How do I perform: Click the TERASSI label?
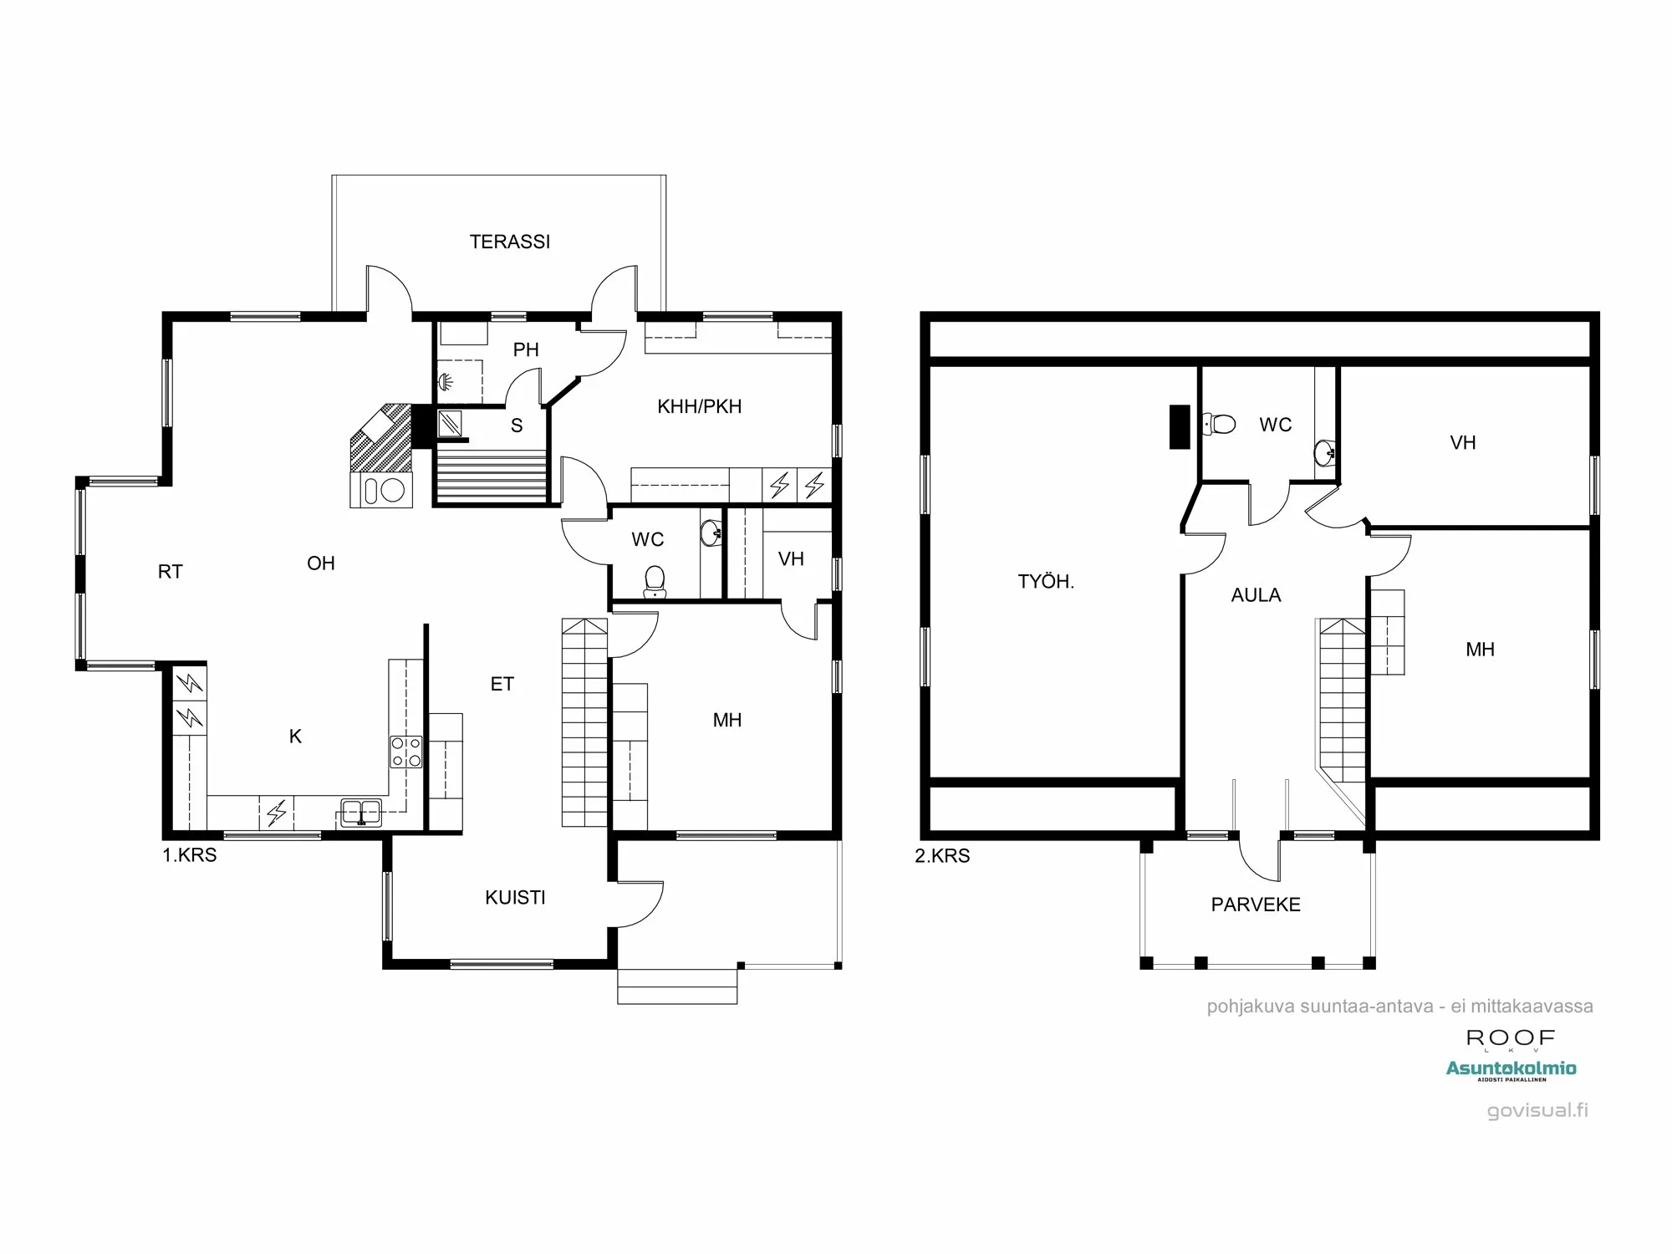pos(510,242)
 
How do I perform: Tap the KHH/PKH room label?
pos(699,406)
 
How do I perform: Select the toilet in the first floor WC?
pos(655,581)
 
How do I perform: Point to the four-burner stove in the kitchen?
pos(406,752)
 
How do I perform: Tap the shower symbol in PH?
pos(447,381)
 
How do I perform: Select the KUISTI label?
pos(515,897)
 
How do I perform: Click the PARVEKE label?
pos(1256,905)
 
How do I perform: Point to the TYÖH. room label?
pos(1045,582)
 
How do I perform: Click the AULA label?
pos(1256,595)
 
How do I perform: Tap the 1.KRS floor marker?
pos(190,855)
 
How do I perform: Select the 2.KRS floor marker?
pos(942,856)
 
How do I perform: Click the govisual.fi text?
pos(1537,1110)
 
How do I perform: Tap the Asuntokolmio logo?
pos(1511,1068)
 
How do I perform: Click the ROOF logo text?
pos(1511,1038)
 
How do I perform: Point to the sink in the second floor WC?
pos(1324,454)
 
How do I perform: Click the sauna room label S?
pos(517,426)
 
